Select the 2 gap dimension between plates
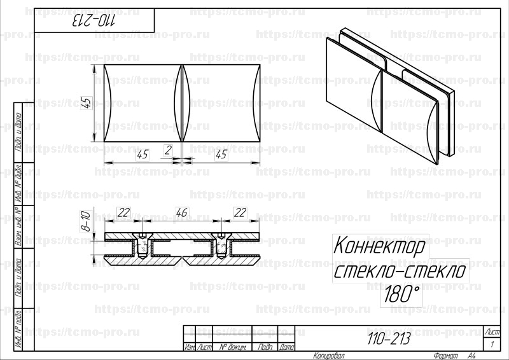168,151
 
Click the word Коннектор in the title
382,245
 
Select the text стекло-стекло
400,272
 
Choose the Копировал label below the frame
328,356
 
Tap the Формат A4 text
453,356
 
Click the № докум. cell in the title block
232,347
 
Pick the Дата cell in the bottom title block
287,347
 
